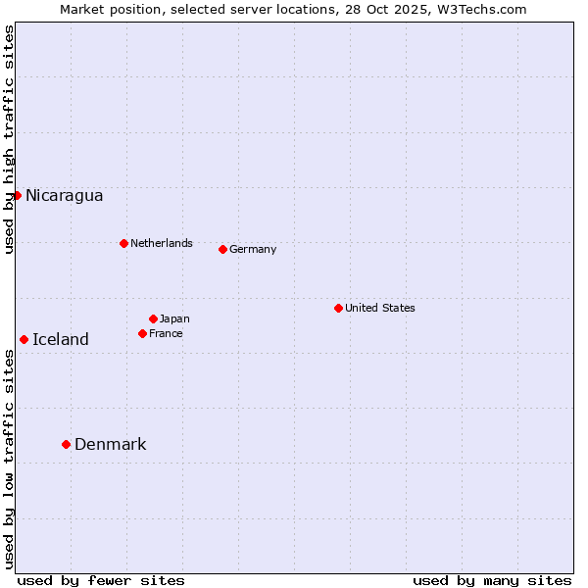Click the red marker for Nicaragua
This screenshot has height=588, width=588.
17,195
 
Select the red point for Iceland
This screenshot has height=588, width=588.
24,339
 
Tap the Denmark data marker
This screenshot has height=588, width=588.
66,444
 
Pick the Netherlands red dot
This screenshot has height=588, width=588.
123,243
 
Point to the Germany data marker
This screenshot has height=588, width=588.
222,249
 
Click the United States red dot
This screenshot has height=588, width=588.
338,308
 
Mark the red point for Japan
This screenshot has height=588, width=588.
153,318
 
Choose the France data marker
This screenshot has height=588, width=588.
142,333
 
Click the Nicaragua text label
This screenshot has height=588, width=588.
64,195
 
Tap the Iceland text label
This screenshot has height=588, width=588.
61,339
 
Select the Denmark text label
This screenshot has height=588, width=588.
110,444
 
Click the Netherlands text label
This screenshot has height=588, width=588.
161,243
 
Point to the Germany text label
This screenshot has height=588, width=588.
253,249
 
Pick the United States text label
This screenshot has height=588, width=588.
379,308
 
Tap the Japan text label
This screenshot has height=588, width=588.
174,318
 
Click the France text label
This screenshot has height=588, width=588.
166,333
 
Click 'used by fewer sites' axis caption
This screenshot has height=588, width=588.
101,580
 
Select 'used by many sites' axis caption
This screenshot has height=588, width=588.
492,580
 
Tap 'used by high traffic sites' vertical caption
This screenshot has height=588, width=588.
9,139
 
